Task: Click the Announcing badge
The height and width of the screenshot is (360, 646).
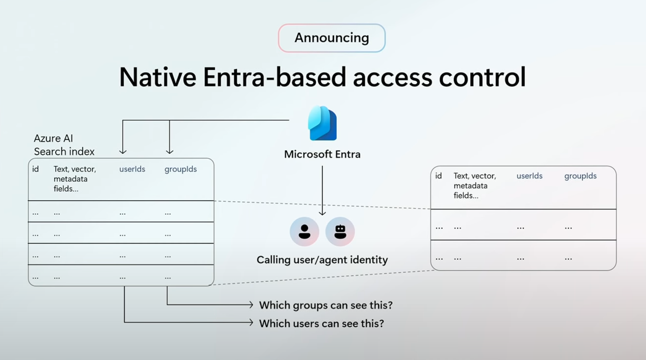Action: tap(332, 38)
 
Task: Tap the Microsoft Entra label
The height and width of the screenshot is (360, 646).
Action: tap(322, 154)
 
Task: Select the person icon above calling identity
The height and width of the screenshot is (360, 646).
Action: tap(304, 231)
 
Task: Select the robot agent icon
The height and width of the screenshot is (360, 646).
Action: tap(340, 231)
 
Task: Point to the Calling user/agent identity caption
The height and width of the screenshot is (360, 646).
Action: tap(322, 260)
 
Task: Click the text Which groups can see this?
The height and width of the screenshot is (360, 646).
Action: tap(326, 305)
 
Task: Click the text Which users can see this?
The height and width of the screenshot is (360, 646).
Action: tap(322, 323)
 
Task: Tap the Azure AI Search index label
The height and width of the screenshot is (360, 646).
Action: tap(64, 145)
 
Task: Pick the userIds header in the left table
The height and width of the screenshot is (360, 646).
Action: tap(132, 169)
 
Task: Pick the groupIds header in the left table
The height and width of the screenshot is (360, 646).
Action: tap(181, 170)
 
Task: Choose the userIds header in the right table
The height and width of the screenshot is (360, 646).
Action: tap(529, 176)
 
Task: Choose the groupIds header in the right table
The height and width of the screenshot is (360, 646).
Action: tap(580, 176)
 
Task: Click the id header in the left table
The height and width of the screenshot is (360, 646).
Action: tap(36, 169)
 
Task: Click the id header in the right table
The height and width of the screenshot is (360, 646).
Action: tap(438, 176)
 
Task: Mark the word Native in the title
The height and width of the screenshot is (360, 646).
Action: tap(158, 77)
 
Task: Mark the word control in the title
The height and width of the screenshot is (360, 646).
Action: tap(483, 77)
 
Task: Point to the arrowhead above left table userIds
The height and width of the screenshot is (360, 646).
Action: tap(123, 151)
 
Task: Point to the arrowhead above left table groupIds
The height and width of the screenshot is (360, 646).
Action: tap(170, 151)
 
